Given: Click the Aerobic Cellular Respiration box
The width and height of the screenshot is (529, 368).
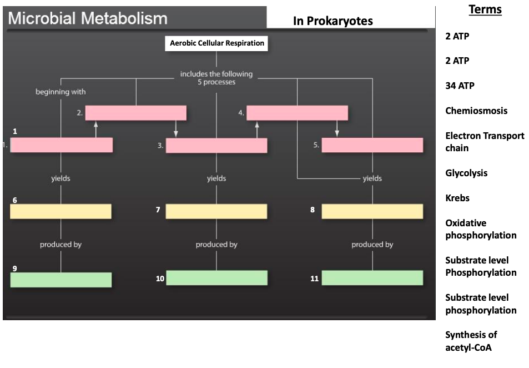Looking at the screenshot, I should [216, 43].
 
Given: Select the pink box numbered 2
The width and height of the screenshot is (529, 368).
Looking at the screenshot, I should [136, 113].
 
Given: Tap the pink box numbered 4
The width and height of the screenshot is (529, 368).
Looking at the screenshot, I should [297, 113].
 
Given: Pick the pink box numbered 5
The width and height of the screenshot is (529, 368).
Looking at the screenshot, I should [372, 145].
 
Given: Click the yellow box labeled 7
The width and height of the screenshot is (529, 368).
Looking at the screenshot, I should [216, 211].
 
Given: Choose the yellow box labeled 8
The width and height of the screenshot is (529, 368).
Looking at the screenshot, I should [372, 211].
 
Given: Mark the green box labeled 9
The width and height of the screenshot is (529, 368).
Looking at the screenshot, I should [61, 280].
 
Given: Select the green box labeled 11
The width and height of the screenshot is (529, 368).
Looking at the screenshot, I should [372, 277].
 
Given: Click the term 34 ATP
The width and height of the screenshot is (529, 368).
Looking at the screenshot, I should [460, 86].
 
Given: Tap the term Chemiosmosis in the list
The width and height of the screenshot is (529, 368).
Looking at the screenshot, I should [476, 111].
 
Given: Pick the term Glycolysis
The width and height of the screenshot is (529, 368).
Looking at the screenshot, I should [466, 173].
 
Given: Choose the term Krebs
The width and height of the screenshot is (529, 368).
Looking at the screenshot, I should [458, 198].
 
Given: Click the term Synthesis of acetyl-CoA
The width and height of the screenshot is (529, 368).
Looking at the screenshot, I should [471, 341].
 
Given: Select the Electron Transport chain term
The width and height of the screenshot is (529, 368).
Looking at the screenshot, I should [484, 142].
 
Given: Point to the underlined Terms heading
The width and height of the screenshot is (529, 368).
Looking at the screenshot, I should [485, 9].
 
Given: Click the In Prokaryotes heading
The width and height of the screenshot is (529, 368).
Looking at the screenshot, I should [332, 21].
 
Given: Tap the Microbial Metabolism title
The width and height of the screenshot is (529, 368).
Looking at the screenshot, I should [88, 18].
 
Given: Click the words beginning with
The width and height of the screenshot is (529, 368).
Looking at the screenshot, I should [61, 92].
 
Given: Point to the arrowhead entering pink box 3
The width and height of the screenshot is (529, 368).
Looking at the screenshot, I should [176, 134].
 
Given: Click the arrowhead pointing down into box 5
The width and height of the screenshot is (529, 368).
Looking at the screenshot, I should [337, 134].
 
